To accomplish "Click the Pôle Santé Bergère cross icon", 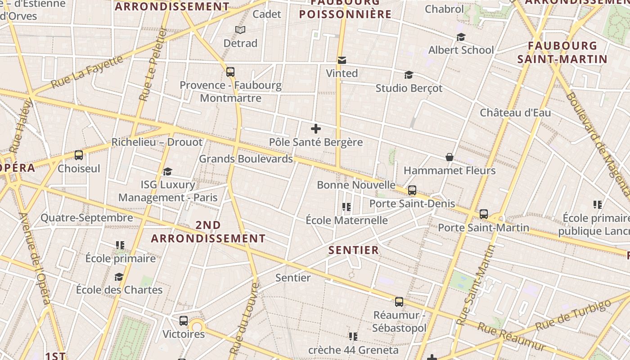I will (x=316, y=129).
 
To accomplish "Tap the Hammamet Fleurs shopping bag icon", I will (x=449, y=157).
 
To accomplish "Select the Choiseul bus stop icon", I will (x=79, y=155).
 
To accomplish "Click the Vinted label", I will (x=342, y=73).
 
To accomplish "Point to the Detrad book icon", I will (x=241, y=30).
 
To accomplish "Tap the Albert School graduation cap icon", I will (x=461, y=37).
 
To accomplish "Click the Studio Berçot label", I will (x=409, y=88).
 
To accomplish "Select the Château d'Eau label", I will (x=515, y=112).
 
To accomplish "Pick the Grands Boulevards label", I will (x=246, y=159).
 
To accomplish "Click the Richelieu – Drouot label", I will (x=157, y=142).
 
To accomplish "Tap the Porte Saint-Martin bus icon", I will (x=484, y=214).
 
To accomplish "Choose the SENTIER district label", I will (x=354, y=250).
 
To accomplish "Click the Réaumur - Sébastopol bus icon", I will (x=399, y=302).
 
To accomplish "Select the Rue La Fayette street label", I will (x=87, y=71).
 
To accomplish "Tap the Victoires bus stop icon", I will (x=184, y=321).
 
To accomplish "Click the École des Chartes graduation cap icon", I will (x=119, y=277).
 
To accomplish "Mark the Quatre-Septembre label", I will (x=87, y=218).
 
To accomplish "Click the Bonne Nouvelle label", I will (x=356, y=185).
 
